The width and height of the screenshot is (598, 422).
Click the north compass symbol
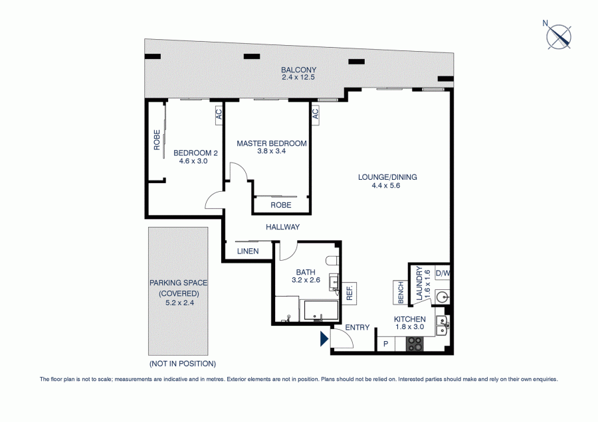559,36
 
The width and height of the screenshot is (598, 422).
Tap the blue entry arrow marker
324,338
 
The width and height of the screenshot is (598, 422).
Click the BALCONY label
298,70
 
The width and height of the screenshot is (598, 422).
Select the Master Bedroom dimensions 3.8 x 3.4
272,151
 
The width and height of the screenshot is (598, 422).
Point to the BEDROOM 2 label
195,153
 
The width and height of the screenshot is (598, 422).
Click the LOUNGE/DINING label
387,177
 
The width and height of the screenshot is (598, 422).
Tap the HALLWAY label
282,227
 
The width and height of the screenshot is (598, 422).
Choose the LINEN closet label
248,251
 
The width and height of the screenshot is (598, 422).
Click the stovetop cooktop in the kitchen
415,344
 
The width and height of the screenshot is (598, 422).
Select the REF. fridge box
349,293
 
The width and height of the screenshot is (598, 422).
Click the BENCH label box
401,293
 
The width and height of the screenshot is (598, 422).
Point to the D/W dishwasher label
443,273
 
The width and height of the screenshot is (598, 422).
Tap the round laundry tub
443,297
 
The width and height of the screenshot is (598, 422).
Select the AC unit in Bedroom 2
219,113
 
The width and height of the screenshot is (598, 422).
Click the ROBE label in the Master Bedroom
281,205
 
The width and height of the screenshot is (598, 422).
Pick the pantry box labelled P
386,344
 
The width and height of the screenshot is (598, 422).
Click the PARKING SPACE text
178,283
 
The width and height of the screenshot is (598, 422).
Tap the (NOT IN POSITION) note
183,364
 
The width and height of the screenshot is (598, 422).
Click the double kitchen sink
443,326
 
